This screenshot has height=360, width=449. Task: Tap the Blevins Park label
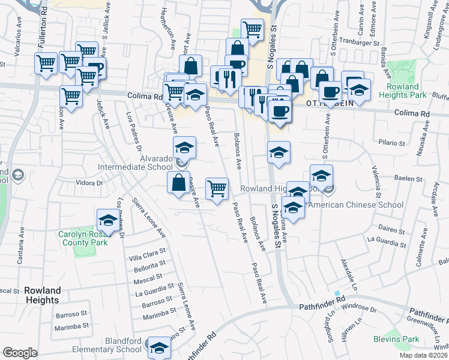[402, 339]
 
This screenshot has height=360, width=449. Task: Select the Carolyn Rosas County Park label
[83, 238]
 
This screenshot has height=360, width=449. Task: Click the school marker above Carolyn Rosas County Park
[107, 220]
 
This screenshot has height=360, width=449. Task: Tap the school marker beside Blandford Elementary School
[159, 347]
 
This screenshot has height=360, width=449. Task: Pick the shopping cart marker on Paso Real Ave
[217, 188]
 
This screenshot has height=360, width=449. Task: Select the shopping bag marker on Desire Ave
[179, 183]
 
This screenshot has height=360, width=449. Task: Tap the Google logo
[20, 353]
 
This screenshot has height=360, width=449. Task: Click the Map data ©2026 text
[424, 355]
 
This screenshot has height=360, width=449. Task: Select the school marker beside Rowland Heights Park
[359, 90]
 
